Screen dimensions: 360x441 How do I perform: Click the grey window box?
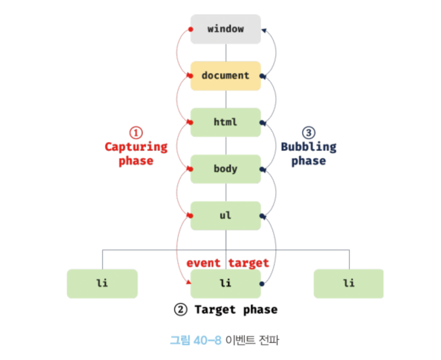click(225, 29)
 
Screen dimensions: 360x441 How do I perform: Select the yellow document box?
click(225, 76)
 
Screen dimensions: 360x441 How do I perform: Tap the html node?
click(225, 123)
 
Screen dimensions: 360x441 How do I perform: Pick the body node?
click(225, 169)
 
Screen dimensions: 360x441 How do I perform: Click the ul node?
click(225, 215)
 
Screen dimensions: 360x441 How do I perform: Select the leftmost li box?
click(102, 283)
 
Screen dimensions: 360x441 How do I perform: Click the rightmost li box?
click(349, 283)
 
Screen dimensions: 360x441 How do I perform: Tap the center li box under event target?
click(225, 283)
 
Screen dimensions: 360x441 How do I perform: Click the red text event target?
click(227, 263)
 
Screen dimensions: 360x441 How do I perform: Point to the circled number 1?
click(136, 133)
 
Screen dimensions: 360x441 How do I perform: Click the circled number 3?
click(309, 133)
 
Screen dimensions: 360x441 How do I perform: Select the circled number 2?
click(180, 310)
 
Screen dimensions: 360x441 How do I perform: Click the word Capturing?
click(136, 147)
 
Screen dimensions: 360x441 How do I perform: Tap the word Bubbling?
click(309, 147)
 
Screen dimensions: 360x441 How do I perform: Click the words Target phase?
click(236, 310)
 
